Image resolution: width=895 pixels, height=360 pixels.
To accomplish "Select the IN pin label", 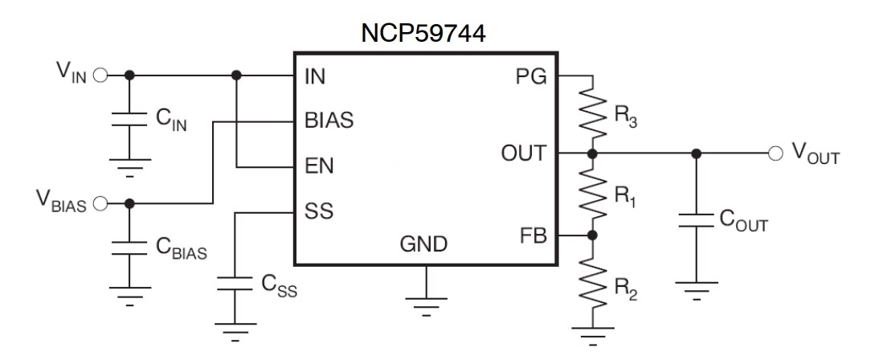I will (315, 78).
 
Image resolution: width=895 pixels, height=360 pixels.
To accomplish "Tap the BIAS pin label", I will (329, 122).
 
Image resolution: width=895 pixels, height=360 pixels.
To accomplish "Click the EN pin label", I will (319, 167).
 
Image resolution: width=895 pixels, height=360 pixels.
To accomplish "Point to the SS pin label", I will (318, 213).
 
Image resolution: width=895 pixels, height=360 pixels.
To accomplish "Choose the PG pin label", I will (530, 77).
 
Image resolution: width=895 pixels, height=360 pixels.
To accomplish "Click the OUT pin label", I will (523, 153).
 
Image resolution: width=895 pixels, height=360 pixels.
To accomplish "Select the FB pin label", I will (532, 236).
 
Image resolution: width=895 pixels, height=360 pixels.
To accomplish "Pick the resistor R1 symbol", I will (592, 194).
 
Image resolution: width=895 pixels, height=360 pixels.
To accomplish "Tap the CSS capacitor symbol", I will (235, 284).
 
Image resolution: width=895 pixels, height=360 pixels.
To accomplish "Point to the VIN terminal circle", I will (100, 76).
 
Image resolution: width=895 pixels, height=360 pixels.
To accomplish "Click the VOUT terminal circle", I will (776, 153).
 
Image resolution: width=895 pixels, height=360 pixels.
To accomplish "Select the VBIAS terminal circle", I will (100, 203).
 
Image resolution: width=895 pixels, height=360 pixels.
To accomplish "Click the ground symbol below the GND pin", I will (426, 303).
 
